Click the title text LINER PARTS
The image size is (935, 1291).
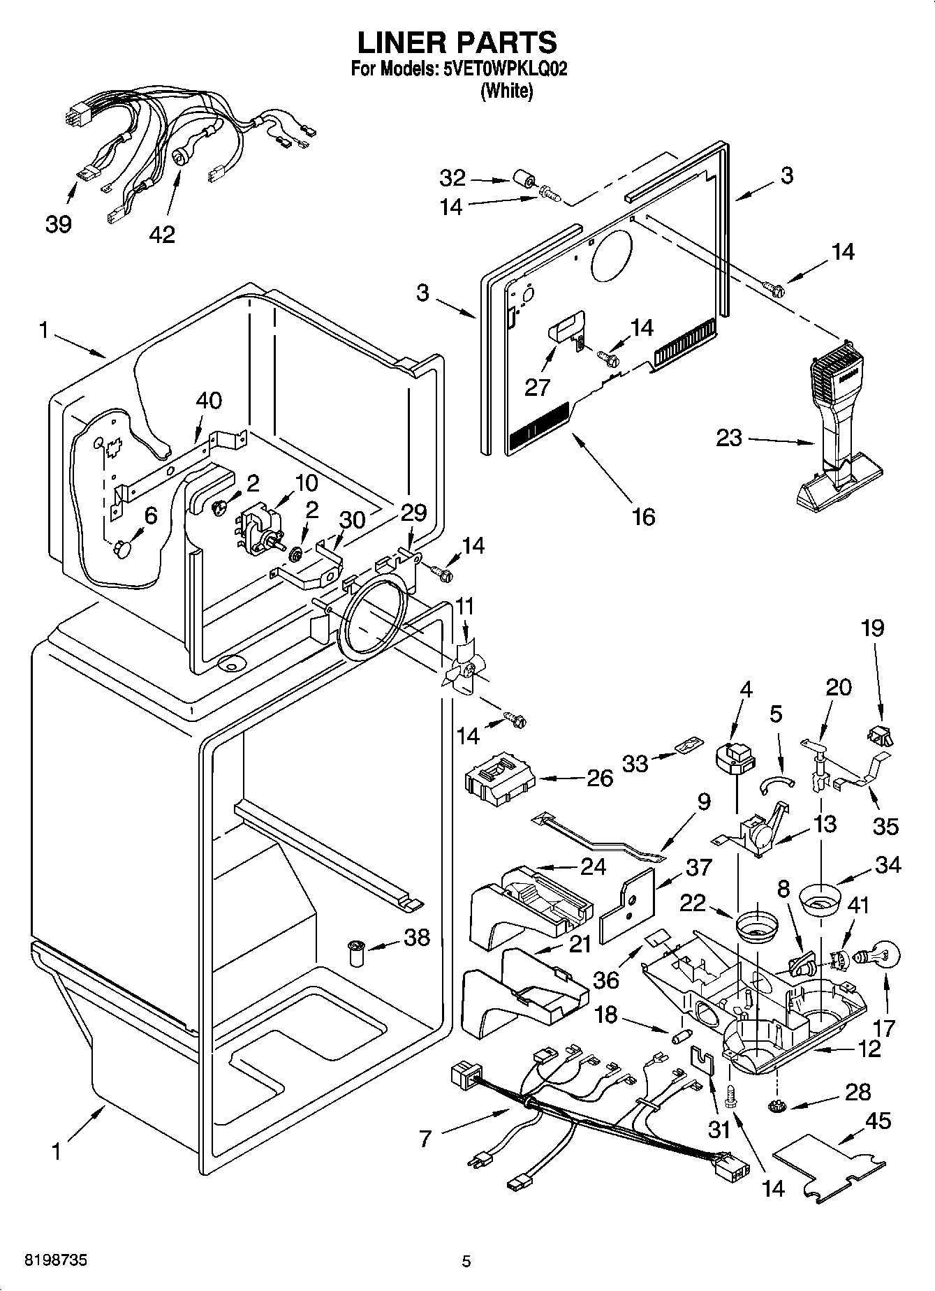point(457,43)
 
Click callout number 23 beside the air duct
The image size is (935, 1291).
point(729,439)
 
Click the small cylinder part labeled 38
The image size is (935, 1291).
point(356,952)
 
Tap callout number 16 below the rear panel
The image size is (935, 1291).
point(643,517)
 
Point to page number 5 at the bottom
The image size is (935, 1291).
point(466,1261)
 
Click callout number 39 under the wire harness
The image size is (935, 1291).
point(59,225)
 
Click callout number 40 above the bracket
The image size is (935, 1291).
point(208,401)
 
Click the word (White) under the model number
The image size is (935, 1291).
point(506,91)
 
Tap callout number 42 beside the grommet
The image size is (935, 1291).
point(162,235)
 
